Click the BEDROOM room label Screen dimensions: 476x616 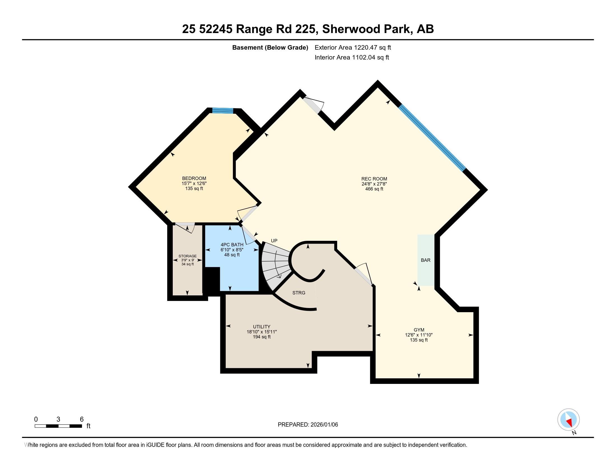click(x=194, y=178)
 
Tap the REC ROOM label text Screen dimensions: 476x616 click(x=374, y=179)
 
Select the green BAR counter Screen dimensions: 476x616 click(x=425, y=260)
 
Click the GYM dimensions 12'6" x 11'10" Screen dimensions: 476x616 click(x=419, y=335)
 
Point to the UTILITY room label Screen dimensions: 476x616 click(x=262, y=326)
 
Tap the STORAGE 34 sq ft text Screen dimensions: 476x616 click(x=188, y=264)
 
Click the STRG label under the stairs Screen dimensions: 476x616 click(x=299, y=293)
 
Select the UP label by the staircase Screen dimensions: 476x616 click(x=274, y=241)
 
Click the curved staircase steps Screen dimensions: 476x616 click(x=275, y=265)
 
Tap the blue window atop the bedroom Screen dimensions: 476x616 click(x=223, y=111)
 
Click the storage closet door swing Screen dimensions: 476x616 click(x=185, y=227)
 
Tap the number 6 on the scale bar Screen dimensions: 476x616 click(x=81, y=419)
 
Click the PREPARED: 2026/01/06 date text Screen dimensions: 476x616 click(x=308, y=425)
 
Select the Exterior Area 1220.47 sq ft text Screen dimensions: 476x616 click(x=353, y=47)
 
